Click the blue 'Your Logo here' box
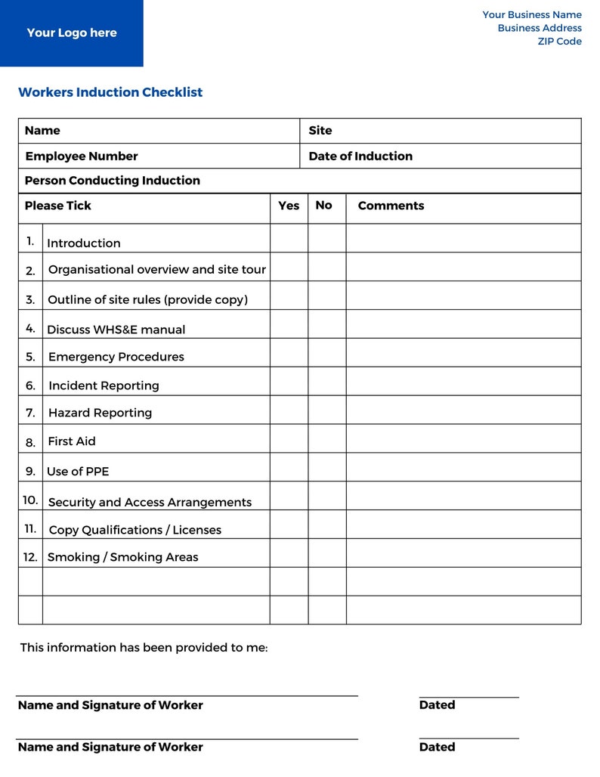click(x=72, y=33)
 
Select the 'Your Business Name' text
click(x=532, y=15)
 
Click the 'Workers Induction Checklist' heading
click(x=110, y=92)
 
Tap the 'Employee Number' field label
click(x=82, y=156)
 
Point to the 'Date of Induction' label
click(x=360, y=156)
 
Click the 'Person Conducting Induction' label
click(x=113, y=181)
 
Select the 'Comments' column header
click(x=391, y=206)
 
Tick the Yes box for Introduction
click(x=289, y=239)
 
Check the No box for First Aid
click(x=327, y=438)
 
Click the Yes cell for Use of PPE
click(x=289, y=467)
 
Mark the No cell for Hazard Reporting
click(x=327, y=410)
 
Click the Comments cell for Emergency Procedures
click(x=463, y=353)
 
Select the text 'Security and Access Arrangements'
click(x=150, y=503)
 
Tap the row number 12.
click(x=30, y=557)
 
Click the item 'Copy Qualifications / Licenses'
click(x=135, y=530)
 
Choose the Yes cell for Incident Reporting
click(x=289, y=382)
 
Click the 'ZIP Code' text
click(x=559, y=42)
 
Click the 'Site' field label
click(x=320, y=131)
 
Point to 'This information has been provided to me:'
click(x=144, y=648)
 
